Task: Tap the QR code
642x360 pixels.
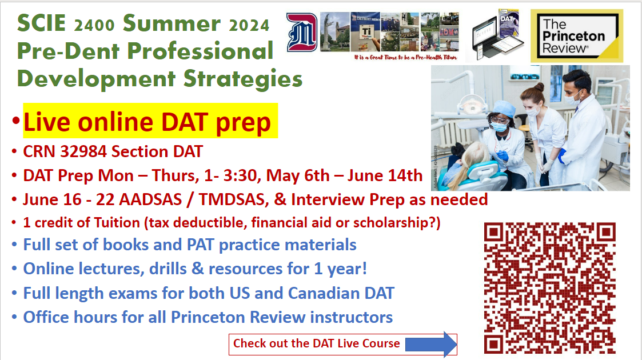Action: (x=549, y=287)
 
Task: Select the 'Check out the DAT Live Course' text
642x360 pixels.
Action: (x=316, y=343)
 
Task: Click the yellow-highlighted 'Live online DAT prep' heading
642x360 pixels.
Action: (x=150, y=122)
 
